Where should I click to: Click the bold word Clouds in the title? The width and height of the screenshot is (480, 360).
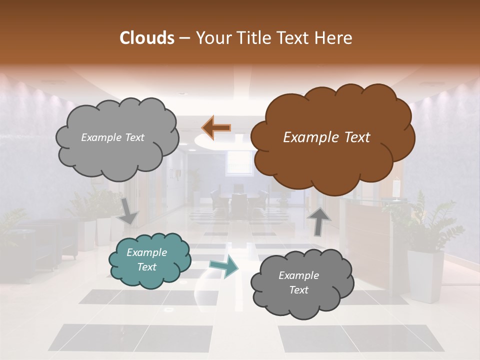tap(147, 38)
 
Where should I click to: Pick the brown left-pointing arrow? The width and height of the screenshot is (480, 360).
tap(216, 127)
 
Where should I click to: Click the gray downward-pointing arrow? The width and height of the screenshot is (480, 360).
tap(128, 210)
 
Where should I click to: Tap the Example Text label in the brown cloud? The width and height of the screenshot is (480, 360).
tap(326, 137)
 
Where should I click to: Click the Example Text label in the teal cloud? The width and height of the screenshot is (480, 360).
tap(146, 259)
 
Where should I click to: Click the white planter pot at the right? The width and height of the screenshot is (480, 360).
tap(425, 275)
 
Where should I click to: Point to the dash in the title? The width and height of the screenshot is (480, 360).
tap(183, 38)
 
